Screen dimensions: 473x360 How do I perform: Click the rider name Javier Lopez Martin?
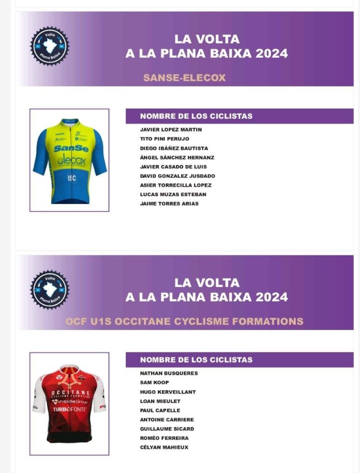point(171,129)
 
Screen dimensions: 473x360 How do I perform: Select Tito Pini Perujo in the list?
point(164,139)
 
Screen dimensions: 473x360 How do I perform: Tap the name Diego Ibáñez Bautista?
point(174,148)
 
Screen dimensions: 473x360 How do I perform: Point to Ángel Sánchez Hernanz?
point(177,158)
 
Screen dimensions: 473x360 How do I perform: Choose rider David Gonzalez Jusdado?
point(177,176)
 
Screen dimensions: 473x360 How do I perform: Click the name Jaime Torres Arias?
point(169,203)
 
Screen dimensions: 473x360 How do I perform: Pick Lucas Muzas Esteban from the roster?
point(173,195)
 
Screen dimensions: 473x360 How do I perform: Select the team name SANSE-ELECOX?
point(184,78)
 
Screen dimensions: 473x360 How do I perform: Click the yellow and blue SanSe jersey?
point(69,160)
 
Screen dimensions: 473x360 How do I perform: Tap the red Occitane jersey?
point(69,404)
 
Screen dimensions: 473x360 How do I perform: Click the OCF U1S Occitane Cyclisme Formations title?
point(184,321)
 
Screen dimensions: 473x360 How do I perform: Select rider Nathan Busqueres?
point(168,373)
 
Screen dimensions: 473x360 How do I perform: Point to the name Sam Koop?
point(154,382)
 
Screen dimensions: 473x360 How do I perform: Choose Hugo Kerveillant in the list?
point(168,392)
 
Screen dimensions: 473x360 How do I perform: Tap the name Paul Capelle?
point(160,411)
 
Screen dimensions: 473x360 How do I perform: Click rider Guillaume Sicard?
point(167,429)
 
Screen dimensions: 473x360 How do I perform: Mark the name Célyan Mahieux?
point(164,448)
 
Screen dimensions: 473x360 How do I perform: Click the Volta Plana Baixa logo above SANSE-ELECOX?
point(50,46)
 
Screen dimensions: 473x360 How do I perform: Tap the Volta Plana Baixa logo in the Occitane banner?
point(50,290)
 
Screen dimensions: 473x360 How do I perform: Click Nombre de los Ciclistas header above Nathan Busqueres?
point(196,360)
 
